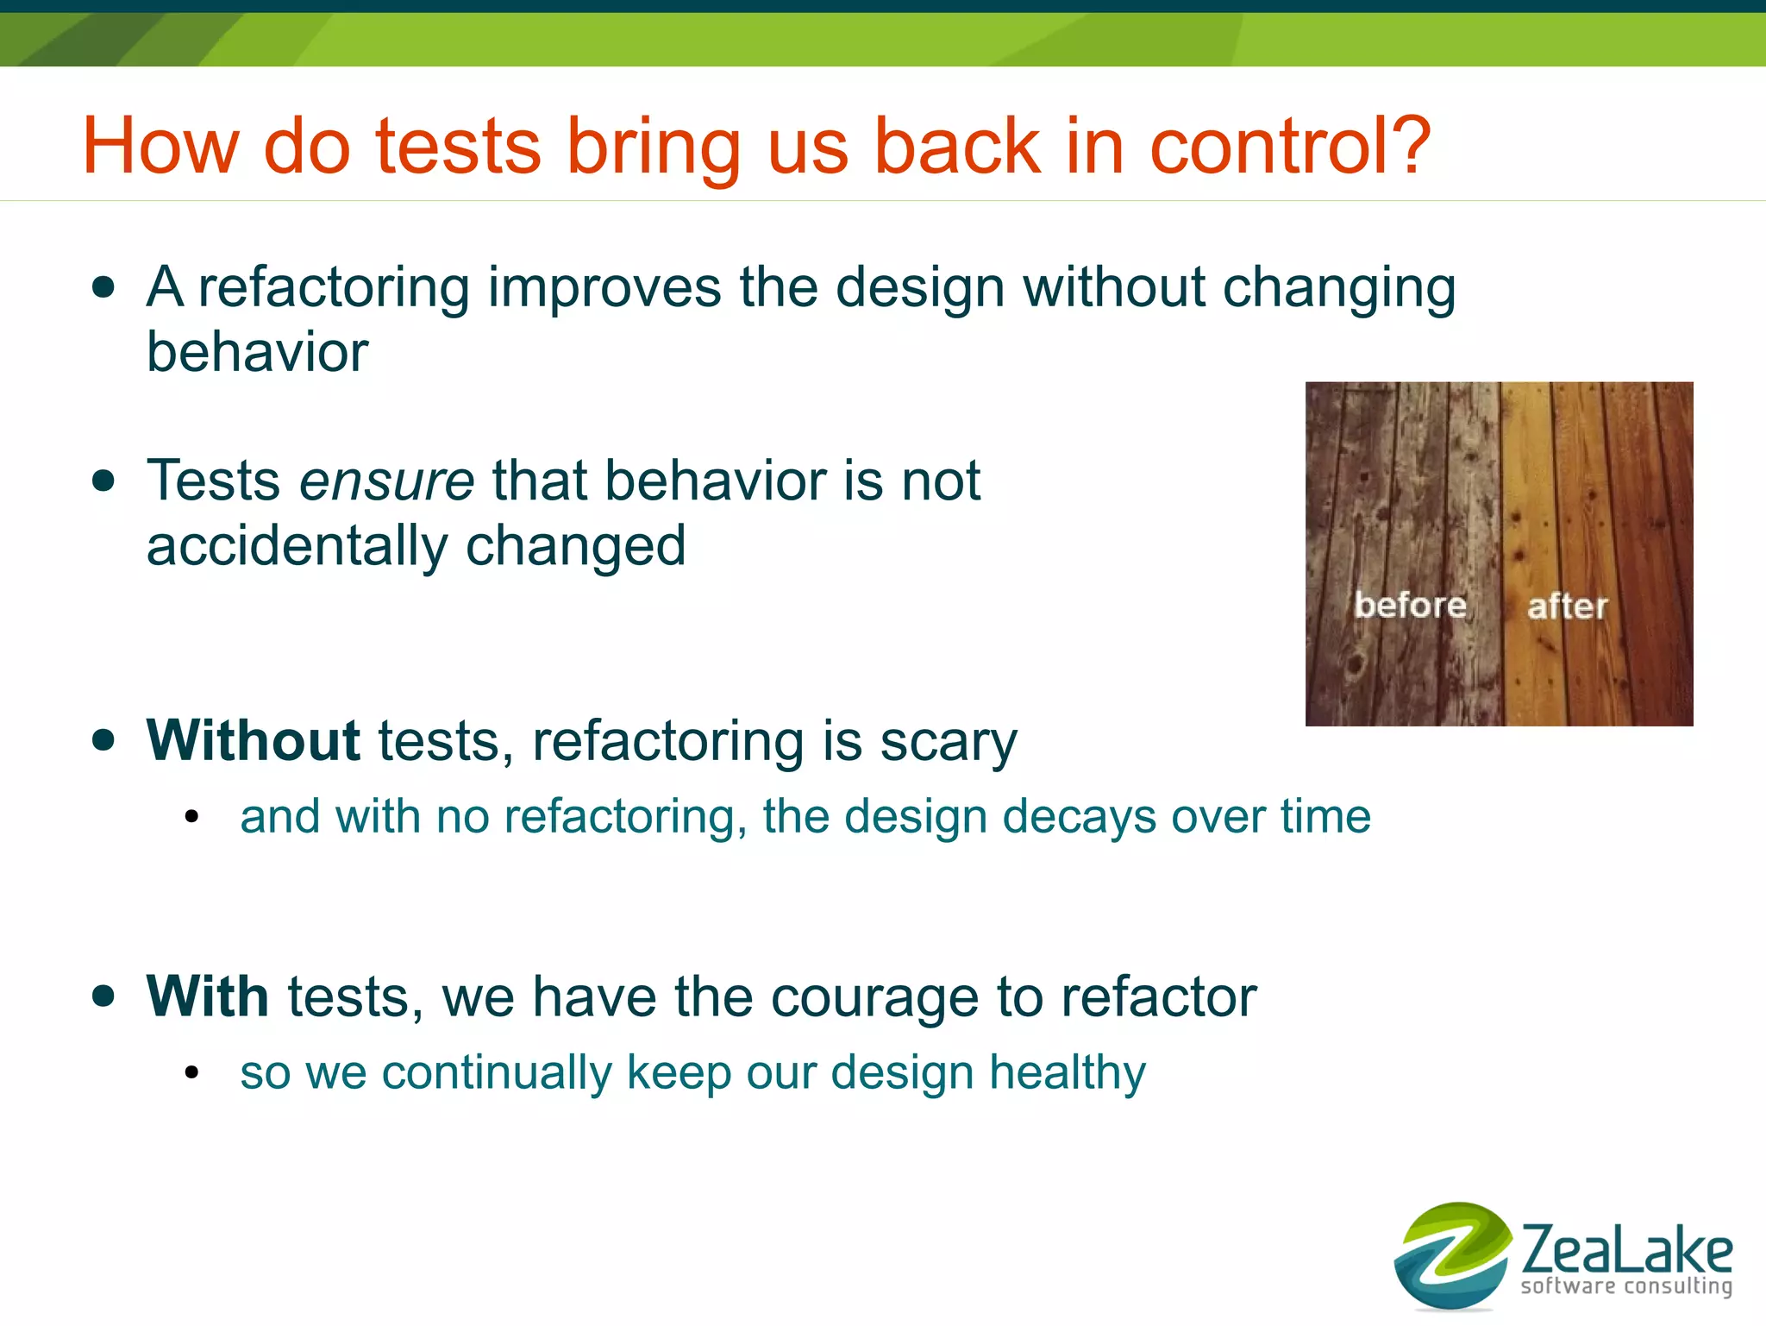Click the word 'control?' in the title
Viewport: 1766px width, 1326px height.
[1290, 147]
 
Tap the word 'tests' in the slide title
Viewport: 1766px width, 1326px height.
[458, 147]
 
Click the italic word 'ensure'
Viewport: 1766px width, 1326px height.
[386, 481]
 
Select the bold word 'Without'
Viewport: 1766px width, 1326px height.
[253, 740]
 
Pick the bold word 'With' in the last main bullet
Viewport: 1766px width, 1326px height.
[208, 996]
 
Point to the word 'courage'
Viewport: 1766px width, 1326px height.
[874, 999]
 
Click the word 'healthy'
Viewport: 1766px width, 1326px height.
[1068, 1073]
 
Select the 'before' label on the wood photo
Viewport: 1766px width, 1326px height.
[1410, 605]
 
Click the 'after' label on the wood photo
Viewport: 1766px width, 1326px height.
[1567, 606]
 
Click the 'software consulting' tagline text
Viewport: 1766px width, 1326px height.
[1625, 1286]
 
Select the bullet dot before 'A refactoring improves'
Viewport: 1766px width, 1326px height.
[103, 287]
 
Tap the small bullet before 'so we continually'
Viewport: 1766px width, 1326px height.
[191, 1073]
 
